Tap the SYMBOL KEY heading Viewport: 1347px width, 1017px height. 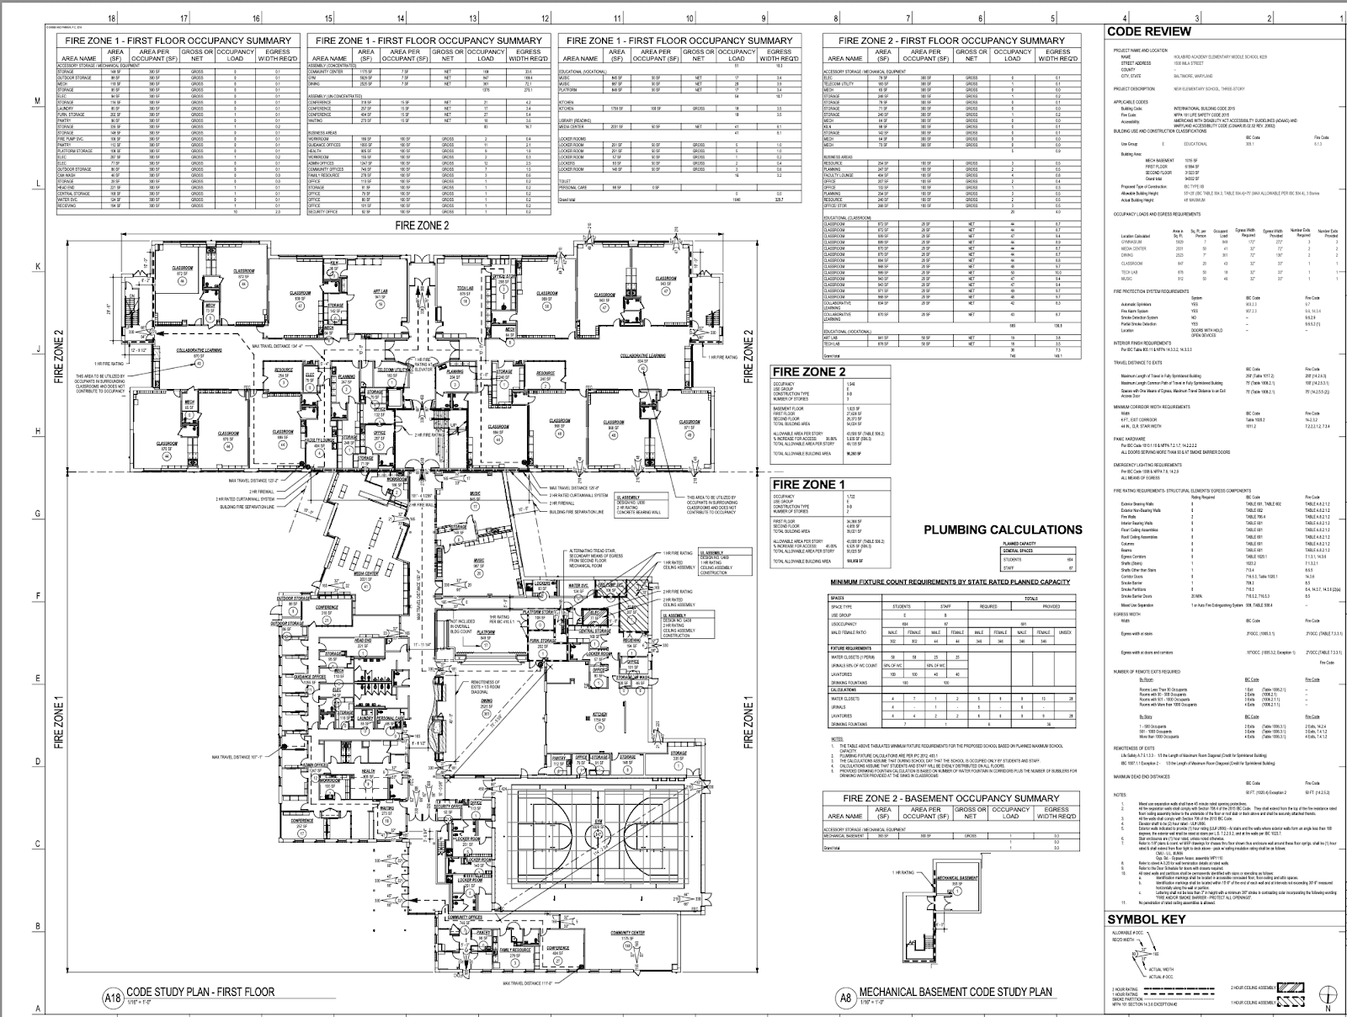[x=1147, y=919]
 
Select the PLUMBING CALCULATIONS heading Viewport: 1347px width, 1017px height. [x=1003, y=530]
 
